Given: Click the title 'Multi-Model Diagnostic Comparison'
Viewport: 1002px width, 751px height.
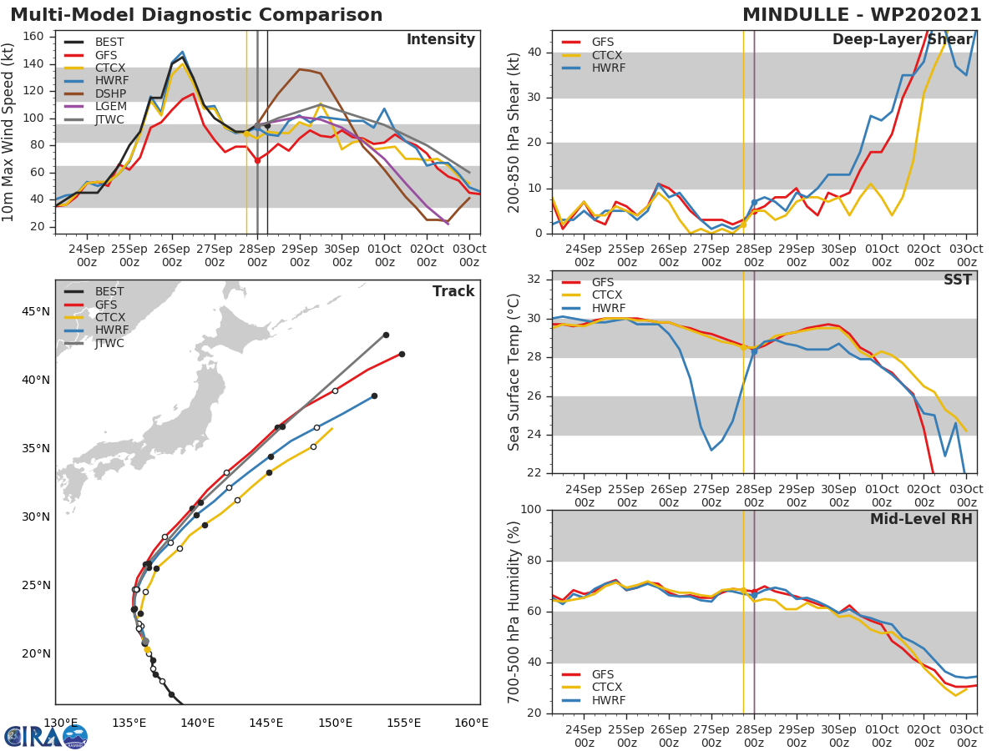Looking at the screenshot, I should click(196, 15).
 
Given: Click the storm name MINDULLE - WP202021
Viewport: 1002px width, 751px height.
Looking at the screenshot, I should click(862, 15).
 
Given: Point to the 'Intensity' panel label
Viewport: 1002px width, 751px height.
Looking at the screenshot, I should click(440, 40).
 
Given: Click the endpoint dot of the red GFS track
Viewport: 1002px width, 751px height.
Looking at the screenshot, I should click(402, 354).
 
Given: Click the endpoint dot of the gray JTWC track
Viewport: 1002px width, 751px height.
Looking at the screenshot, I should click(386, 335).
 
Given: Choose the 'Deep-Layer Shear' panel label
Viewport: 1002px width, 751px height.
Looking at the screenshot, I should click(902, 40).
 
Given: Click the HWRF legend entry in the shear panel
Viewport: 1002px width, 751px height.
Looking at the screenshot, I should click(608, 68).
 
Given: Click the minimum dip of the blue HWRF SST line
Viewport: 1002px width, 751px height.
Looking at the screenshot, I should click(711, 450).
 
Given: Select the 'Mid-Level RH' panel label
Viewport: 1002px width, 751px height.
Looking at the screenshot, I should click(921, 519).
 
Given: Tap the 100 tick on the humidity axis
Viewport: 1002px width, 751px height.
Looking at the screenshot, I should click(531, 510).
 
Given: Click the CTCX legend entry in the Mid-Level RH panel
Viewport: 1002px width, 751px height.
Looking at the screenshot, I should click(608, 688).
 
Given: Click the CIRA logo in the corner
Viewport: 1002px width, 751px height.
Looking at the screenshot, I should click(46, 736).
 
